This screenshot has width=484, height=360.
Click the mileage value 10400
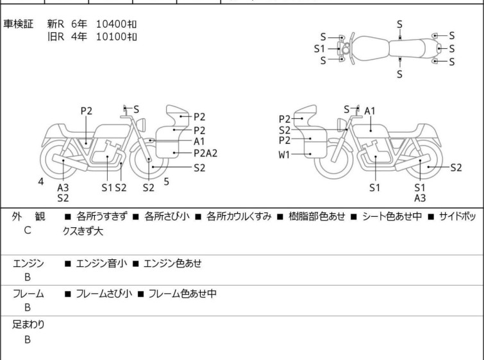(111, 24)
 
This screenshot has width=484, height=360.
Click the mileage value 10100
(111, 37)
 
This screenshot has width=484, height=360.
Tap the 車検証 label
(18, 24)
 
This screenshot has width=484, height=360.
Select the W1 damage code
(284, 154)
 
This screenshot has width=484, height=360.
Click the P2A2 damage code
(206, 153)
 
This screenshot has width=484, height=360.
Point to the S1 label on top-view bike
(319, 49)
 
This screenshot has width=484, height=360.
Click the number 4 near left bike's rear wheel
(41, 182)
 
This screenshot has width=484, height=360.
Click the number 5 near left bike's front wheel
(167, 182)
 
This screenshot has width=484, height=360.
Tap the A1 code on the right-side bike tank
(370, 110)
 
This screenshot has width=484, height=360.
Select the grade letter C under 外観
(28, 230)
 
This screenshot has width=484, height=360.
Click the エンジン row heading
(28, 263)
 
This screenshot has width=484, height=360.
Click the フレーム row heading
(28, 293)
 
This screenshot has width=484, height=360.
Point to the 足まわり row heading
(28, 324)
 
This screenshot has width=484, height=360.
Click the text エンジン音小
(101, 263)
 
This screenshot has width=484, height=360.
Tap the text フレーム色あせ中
(183, 293)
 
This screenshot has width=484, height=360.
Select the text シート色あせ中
(392, 216)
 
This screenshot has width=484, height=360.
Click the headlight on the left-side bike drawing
(141, 124)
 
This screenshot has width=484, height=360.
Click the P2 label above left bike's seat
(87, 111)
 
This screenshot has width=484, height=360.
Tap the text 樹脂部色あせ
(317, 216)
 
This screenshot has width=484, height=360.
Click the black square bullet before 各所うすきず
(67, 217)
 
